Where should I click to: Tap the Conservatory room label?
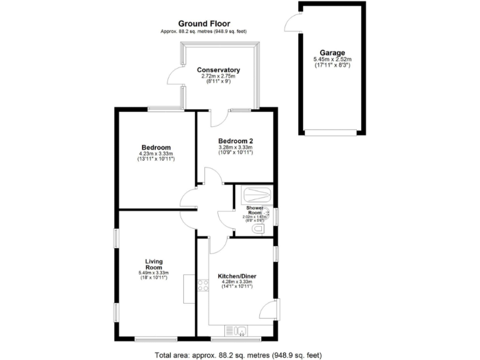click(x=218, y=70)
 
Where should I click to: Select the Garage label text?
click(x=332, y=53)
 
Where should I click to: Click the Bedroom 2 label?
click(x=235, y=141)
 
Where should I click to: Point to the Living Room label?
click(x=154, y=264)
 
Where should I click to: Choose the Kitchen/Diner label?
click(x=237, y=276)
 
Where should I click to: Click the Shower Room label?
click(x=254, y=209)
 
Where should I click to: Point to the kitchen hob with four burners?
click(x=203, y=286)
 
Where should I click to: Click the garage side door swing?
click(x=292, y=22)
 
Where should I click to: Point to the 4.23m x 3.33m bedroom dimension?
click(x=156, y=154)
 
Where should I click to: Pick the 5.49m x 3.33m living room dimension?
click(x=154, y=272)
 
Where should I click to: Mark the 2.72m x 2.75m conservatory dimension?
click(x=218, y=76)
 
